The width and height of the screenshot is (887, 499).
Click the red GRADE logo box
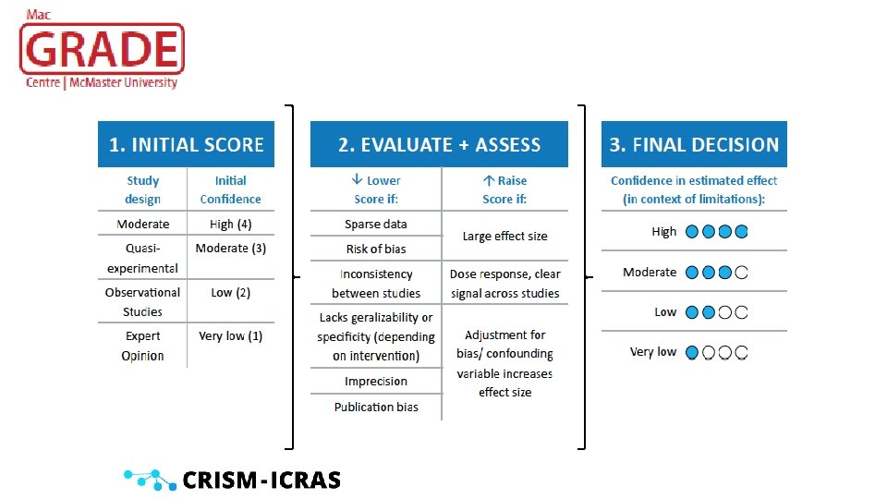coord(103,49)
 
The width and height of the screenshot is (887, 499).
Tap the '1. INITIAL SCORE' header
coord(187,144)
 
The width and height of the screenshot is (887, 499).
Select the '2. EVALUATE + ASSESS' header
coord(439,144)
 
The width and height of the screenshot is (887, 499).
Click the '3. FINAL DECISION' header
coord(694,144)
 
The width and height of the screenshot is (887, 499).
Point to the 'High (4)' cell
coord(230,224)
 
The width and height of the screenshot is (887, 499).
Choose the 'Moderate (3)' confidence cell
coord(230,249)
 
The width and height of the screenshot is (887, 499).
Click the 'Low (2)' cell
coord(230,292)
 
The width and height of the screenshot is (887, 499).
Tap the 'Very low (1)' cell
coord(230,335)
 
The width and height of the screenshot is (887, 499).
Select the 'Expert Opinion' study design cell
coord(142,346)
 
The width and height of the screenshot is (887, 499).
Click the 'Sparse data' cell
coord(375,224)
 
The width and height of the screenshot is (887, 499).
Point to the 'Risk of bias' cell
coord(375,249)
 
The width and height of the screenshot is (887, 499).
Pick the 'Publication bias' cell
coord(375,407)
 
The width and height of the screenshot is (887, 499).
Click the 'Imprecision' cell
coord(375,381)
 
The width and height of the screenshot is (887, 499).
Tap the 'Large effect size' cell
coord(504,236)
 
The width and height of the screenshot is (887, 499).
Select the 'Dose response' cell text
coord(504,284)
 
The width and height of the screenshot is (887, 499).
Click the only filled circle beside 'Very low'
coord(692,353)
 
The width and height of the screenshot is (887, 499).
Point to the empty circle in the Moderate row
coord(741,273)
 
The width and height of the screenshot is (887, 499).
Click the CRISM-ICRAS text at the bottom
coord(261,480)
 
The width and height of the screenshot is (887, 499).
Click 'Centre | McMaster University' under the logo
coord(102,83)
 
